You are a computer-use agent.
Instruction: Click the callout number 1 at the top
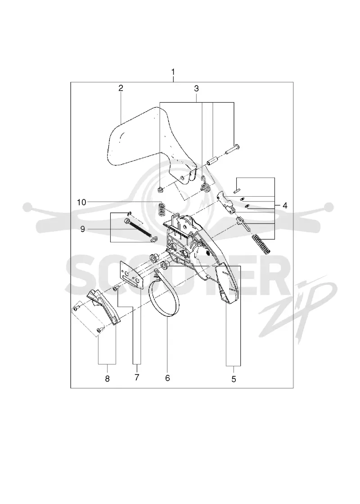point(173,72)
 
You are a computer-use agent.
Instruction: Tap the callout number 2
point(121,88)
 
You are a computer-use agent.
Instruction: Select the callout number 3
point(196,89)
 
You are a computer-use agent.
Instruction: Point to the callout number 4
point(285,205)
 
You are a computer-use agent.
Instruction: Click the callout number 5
point(234,379)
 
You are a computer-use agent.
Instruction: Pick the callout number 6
point(167,378)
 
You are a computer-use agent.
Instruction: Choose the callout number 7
point(137,378)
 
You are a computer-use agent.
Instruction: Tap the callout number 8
point(108,378)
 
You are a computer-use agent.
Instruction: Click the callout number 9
point(83,229)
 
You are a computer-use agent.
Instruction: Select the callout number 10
point(81,202)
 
